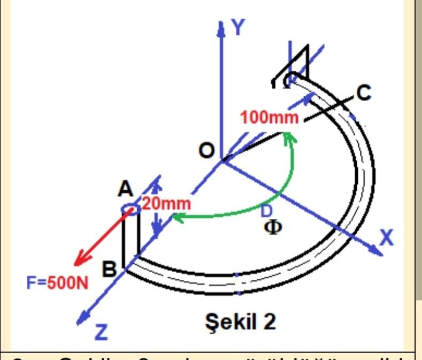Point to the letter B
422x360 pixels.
click(x=110, y=270)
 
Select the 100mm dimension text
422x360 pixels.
click(x=269, y=118)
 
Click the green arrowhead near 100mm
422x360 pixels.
click(x=289, y=136)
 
